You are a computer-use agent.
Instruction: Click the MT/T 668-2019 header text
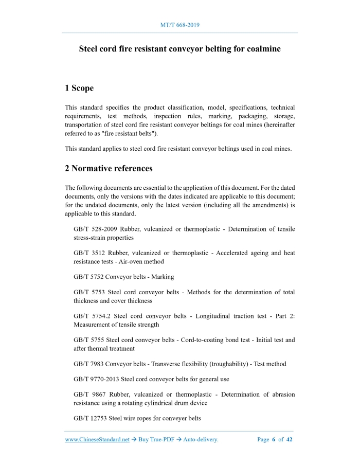(x=180, y=25)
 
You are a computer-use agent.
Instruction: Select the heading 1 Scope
(x=79, y=88)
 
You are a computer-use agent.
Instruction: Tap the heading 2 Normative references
(x=109, y=168)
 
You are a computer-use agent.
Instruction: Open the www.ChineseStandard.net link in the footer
(x=97, y=440)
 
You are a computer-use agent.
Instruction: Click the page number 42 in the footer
(x=290, y=440)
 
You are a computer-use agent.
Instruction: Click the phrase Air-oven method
(x=143, y=261)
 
